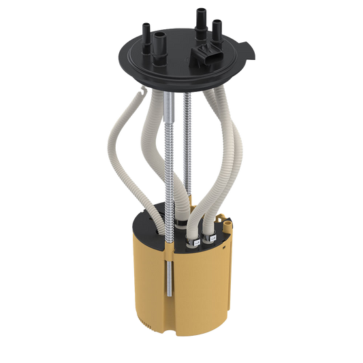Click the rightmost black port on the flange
tap(217, 31)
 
